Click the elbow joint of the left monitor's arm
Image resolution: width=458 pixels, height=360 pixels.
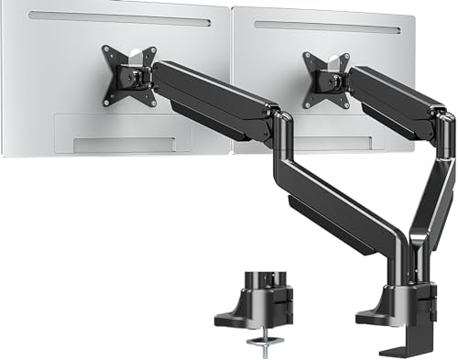pyautogui.click(x=279, y=128)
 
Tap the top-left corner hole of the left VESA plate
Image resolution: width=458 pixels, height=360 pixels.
pyautogui.click(x=106, y=51)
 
